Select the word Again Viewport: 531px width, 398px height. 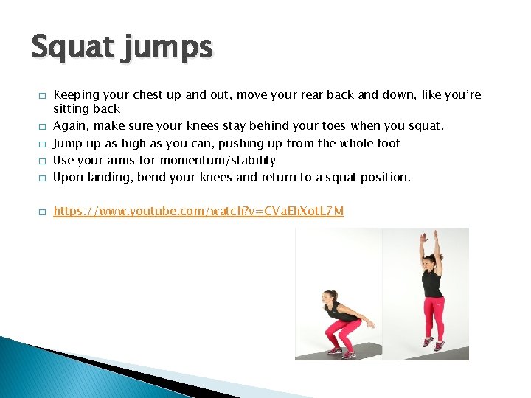72,126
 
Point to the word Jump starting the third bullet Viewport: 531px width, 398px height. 69,143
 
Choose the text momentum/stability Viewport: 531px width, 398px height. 218,160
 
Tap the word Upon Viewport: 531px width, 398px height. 69,177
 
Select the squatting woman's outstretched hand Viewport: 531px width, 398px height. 370,325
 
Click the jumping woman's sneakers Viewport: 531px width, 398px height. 433,343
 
